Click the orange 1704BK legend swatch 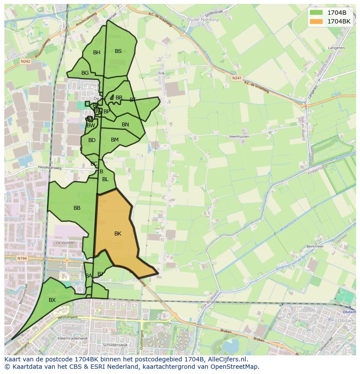click(x=316, y=21)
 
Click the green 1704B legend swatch click(x=316, y=13)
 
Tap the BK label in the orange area click(x=117, y=234)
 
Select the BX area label click(x=52, y=300)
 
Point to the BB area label click(x=77, y=208)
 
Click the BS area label click(x=118, y=51)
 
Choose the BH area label click(x=97, y=53)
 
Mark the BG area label click(x=85, y=73)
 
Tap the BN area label click(x=125, y=125)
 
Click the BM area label click(x=114, y=140)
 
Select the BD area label click(x=92, y=140)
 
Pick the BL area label click(x=105, y=179)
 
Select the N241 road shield click(x=237, y=78)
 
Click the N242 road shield click(x=25, y=62)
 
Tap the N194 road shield click(x=23, y=258)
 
